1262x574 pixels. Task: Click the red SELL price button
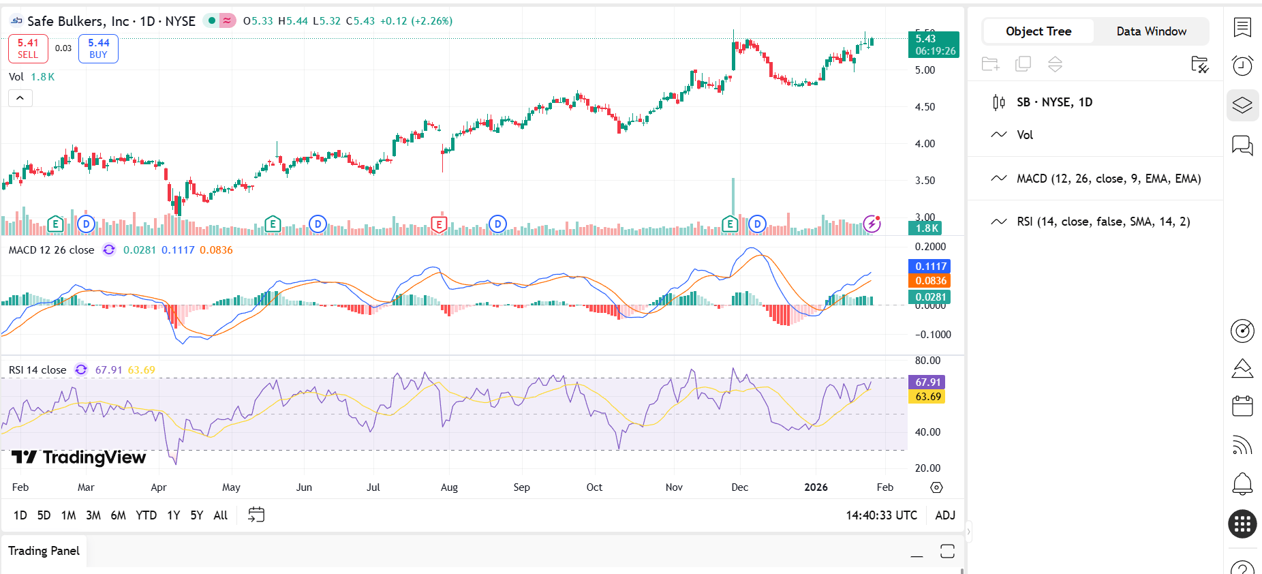click(x=28, y=48)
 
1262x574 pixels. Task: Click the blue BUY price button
click(x=98, y=48)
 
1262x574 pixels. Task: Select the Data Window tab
click(x=1151, y=31)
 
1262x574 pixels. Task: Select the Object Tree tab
click(x=1038, y=31)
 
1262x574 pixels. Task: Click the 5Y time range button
click(x=196, y=515)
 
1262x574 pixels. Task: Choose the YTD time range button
click(x=146, y=515)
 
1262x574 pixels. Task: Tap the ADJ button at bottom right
click(x=945, y=515)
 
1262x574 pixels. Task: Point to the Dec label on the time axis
click(x=739, y=487)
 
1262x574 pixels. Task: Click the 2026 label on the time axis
click(x=816, y=487)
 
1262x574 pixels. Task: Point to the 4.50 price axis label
click(x=925, y=107)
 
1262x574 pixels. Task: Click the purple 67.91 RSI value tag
click(x=927, y=382)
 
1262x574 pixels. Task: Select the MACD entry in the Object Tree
click(x=1108, y=179)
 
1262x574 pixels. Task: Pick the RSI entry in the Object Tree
click(x=1103, y=222)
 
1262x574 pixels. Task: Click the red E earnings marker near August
click(x=439, y=224)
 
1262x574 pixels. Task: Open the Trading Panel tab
click(x=44, y=551)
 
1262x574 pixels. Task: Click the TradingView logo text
click(x=79, y=457)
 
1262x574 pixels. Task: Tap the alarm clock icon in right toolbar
click(x=1242, y=65)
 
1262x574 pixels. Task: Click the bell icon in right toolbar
click(x=1242, y=484)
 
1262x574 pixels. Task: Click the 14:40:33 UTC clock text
click(x=881, y=515)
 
